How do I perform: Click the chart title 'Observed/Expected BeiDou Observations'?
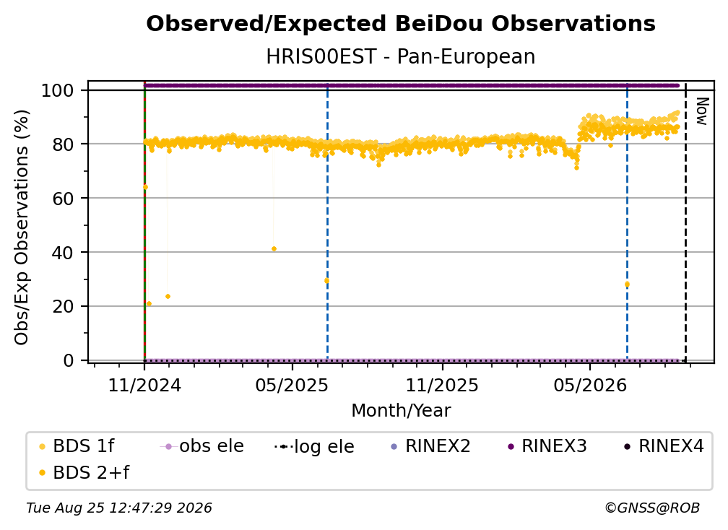click(x=401, y=24)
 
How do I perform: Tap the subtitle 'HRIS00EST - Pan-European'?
click(x=401, y=56)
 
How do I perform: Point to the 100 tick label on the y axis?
click(x=57, y=90)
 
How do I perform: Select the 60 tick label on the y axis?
click(x=63, y=198)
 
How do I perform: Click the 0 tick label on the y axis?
click(x=68, y=360)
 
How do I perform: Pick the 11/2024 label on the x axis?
click(x=144, y=385)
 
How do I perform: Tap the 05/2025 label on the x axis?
click(x=292, y=385)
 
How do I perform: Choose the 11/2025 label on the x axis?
click(x=442, y=385)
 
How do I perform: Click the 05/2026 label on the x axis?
click(x=589, y=385)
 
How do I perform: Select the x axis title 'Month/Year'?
click(x=401, y=411)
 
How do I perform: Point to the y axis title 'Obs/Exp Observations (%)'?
click(x=22, y=227)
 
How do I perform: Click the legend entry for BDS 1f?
click(x=77, y=446)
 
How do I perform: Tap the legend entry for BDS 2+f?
click(x=84, y=473)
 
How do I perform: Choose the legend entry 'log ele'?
click(x=314, y=447)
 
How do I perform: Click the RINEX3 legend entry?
click(x=547, y=446)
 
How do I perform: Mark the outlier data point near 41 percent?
click(x=274, y=249)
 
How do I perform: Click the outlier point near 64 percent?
click(x=145, y=187)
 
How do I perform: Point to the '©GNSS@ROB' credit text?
click(x=652, y=508)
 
